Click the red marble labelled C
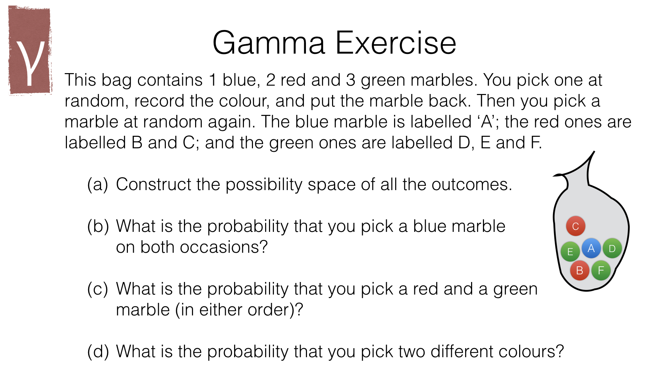click(x=576, y=226)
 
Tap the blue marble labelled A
click(x=591, y=248)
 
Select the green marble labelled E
click(x=570, y=251)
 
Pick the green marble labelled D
click(x=612, y=248)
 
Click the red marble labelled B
click(x=580, y=271)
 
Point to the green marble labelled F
click(x=601, y=271)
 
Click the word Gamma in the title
click(x=269, y=43)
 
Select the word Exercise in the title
click(x=396, y=43)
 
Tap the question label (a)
click(x=98, y=185)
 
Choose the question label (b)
click(x=98, y=226)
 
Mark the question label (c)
click(x=98, y=289)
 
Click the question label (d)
click(x=98, y=352)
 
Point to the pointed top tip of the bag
click(x=594, y=152)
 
